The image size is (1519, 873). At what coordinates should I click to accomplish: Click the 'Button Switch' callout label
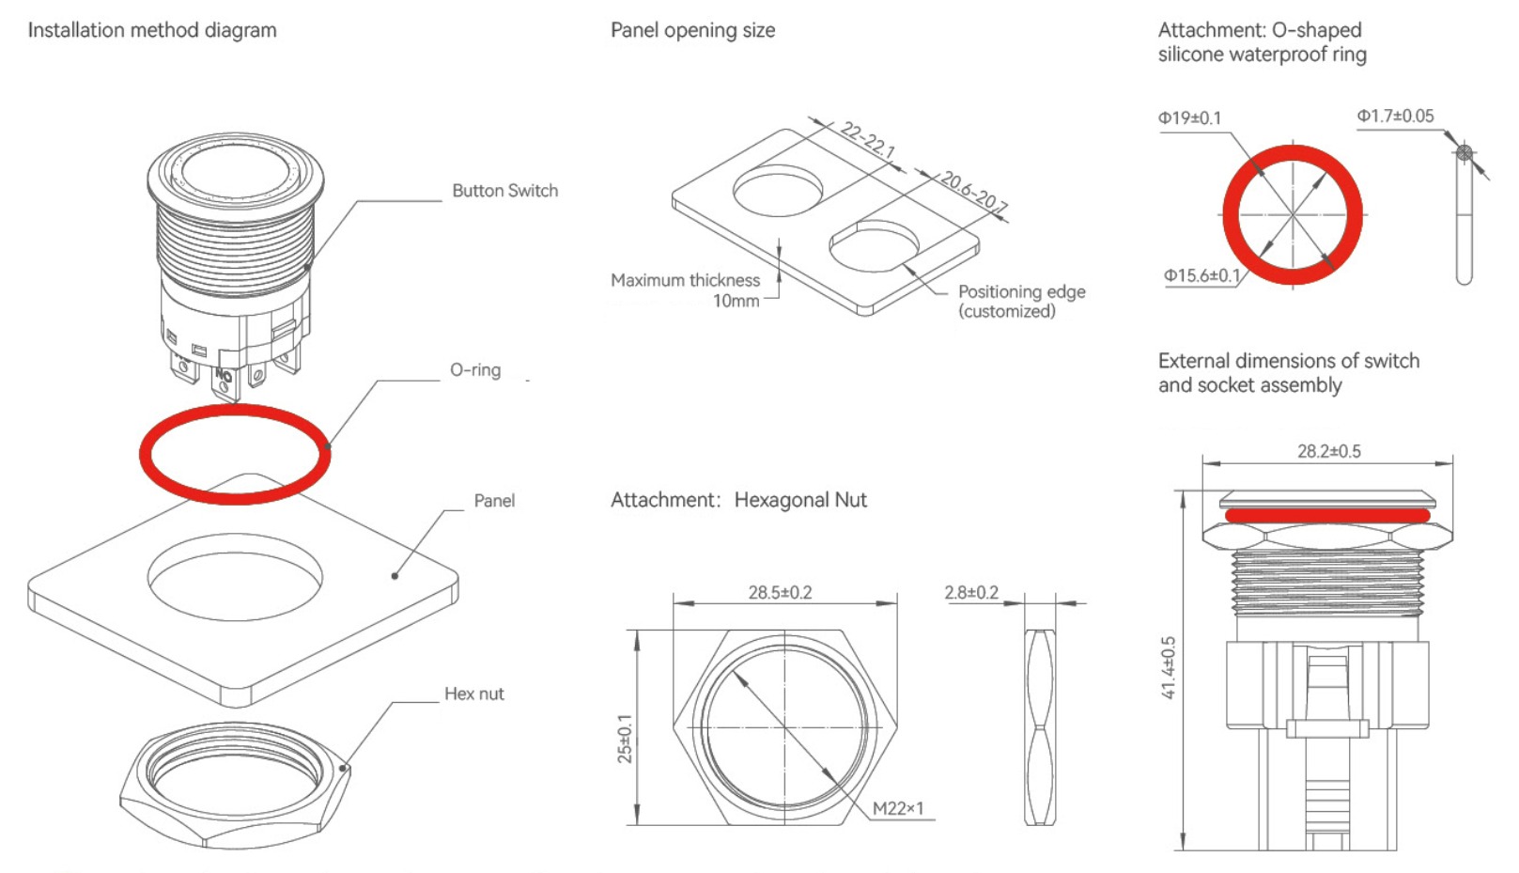[504, 191]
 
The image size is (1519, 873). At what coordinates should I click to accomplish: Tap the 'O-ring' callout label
[475, 370]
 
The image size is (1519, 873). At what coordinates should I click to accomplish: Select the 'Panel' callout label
[494, 501]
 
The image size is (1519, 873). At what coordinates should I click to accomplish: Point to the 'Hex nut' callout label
[473, 694]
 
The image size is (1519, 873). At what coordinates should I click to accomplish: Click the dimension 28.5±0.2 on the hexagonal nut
[780, 593]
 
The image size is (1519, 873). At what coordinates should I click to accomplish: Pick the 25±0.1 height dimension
[625, 739]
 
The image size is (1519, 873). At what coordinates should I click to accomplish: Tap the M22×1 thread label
[897, 808]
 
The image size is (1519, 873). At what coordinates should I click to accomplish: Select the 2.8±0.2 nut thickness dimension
[971, 593]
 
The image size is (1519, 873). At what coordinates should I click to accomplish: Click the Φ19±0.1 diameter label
[1189, 118]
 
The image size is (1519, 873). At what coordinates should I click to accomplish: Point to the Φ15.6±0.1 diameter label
[1201, 276]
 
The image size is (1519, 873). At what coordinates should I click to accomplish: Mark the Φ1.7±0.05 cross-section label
[1395, 117]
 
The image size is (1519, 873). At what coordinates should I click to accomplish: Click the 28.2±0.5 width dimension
[1328, 452]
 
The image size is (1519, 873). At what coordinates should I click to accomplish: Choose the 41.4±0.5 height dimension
[1169, 667]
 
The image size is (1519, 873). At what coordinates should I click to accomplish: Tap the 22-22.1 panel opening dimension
[867, 140]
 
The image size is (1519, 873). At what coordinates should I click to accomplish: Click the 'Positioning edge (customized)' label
[1020, 302]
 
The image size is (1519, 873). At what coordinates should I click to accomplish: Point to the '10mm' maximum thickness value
[736, 302]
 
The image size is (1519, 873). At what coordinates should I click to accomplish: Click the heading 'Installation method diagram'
[152, 30]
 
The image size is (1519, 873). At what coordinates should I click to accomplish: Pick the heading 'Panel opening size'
[692, 30]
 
